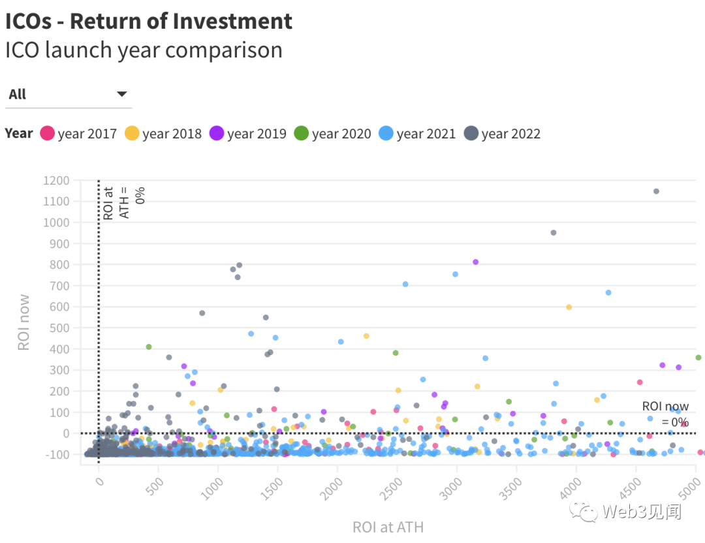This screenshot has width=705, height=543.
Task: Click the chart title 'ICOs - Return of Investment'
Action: pyautogui.click(x=149, y=21)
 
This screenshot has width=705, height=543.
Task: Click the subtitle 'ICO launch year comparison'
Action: pyautogui.click(x=144, y=50)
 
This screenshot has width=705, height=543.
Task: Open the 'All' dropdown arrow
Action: pyautogui.click(x=121, y=94)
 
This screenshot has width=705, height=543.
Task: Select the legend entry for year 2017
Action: pyautogui.click(x=78, y=134)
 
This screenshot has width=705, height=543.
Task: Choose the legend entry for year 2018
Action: pyautogui.click(x=163, y=134)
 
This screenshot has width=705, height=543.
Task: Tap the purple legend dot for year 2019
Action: pyautogui.click(x=217, y=134)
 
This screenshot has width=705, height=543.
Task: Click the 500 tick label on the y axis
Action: pyautogui.click(x=59, y=328)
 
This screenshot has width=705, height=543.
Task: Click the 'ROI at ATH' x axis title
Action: pyautogui.click(x=388, y=527)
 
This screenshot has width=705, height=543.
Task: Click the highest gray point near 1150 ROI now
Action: pyautogui.click(x=656, y=191)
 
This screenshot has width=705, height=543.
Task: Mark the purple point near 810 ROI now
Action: pyautogui.click(x=476, y=262)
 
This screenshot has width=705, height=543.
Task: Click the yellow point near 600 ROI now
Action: pyautogui.click(x=569, y=307)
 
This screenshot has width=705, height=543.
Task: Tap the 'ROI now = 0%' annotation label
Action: pyautogui.click(x=665, y=414)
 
